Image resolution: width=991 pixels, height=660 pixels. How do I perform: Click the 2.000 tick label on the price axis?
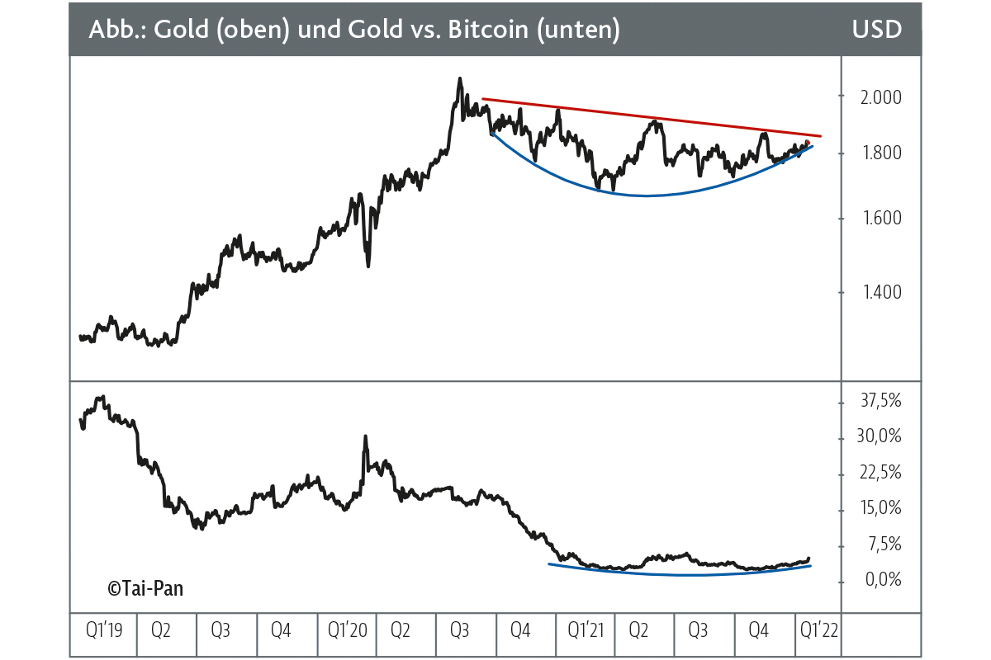(x=877, y=97)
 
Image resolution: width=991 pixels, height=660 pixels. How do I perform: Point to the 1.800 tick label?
(x=877, y=153)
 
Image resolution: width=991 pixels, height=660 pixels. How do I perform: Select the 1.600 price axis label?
(x=877, y=219)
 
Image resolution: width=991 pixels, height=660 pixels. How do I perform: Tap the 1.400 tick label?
(x=877, y=292)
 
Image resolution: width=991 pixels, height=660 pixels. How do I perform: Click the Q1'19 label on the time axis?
(x=104, y=632)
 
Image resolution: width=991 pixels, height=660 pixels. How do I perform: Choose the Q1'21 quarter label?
(x=586, y=632)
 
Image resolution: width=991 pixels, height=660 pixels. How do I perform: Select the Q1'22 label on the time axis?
(x=818, y=632)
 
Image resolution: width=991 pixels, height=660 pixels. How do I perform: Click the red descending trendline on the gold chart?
(x=644, y=117)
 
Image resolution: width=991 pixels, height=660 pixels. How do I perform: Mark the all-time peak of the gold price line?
(x=459, y=79)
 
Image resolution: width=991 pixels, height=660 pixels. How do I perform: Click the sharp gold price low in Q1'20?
(x=368, y=265)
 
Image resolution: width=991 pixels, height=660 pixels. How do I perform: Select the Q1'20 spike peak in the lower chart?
(x=364, y=436)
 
